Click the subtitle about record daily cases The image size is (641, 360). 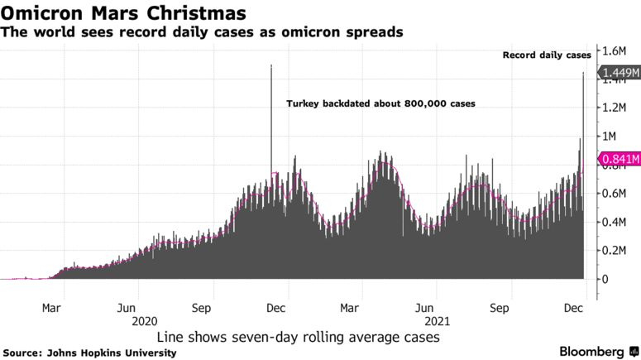pos(202,32)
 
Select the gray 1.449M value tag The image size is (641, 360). pos(619,74)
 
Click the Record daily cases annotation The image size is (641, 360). pos(548,55)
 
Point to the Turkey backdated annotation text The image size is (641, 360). pos(380,104)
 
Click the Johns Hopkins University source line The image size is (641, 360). pos(90,353)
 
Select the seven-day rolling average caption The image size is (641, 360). pos(298,338)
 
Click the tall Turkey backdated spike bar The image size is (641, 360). pos(271,124)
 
